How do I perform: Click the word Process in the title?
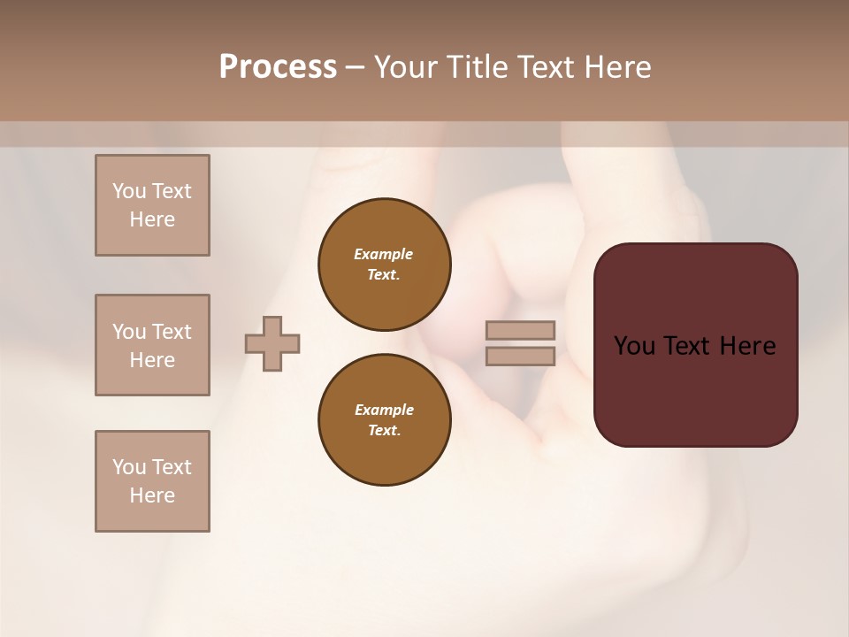click(278, 67)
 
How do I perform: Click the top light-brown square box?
click(152, 205)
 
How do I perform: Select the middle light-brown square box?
click(152, 345)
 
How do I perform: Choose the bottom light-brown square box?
click(152, 481)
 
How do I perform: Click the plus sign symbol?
click(272, 343)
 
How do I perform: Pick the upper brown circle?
click(384, 265)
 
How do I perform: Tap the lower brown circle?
click(384, 420)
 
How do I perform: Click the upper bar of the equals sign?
click(520, 330)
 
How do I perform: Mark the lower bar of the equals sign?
click(520, 357)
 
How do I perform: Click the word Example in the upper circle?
click(384, 254)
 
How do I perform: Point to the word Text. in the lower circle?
click(384, 431)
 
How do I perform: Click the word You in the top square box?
click(128, 191)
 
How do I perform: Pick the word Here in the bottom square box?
click(152, 495)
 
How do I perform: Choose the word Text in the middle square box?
click(171, 332)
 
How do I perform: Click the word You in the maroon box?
click(634, 346)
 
